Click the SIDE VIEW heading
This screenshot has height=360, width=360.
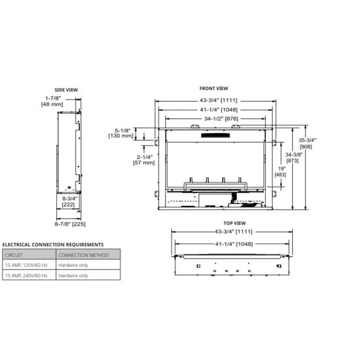pos(66,90)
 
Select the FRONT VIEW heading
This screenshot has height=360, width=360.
pos(214,88)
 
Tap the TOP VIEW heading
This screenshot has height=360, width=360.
pos(234,223)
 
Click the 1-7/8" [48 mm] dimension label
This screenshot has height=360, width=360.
pos(52,101)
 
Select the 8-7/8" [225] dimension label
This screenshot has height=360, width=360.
pos(70,224)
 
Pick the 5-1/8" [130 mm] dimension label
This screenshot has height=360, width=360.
pos(120,133)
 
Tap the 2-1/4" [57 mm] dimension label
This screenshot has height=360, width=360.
pos(143,160)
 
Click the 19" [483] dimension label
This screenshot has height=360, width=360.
pos(280,172)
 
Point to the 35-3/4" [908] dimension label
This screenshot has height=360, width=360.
pos(308,143)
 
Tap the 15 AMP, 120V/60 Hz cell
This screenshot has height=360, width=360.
pos(26,265)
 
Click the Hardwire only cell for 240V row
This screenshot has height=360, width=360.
pos(73,276)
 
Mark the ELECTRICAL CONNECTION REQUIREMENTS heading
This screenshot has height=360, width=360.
pos(53,245)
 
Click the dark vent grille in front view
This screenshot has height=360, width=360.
pos(216,136)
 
